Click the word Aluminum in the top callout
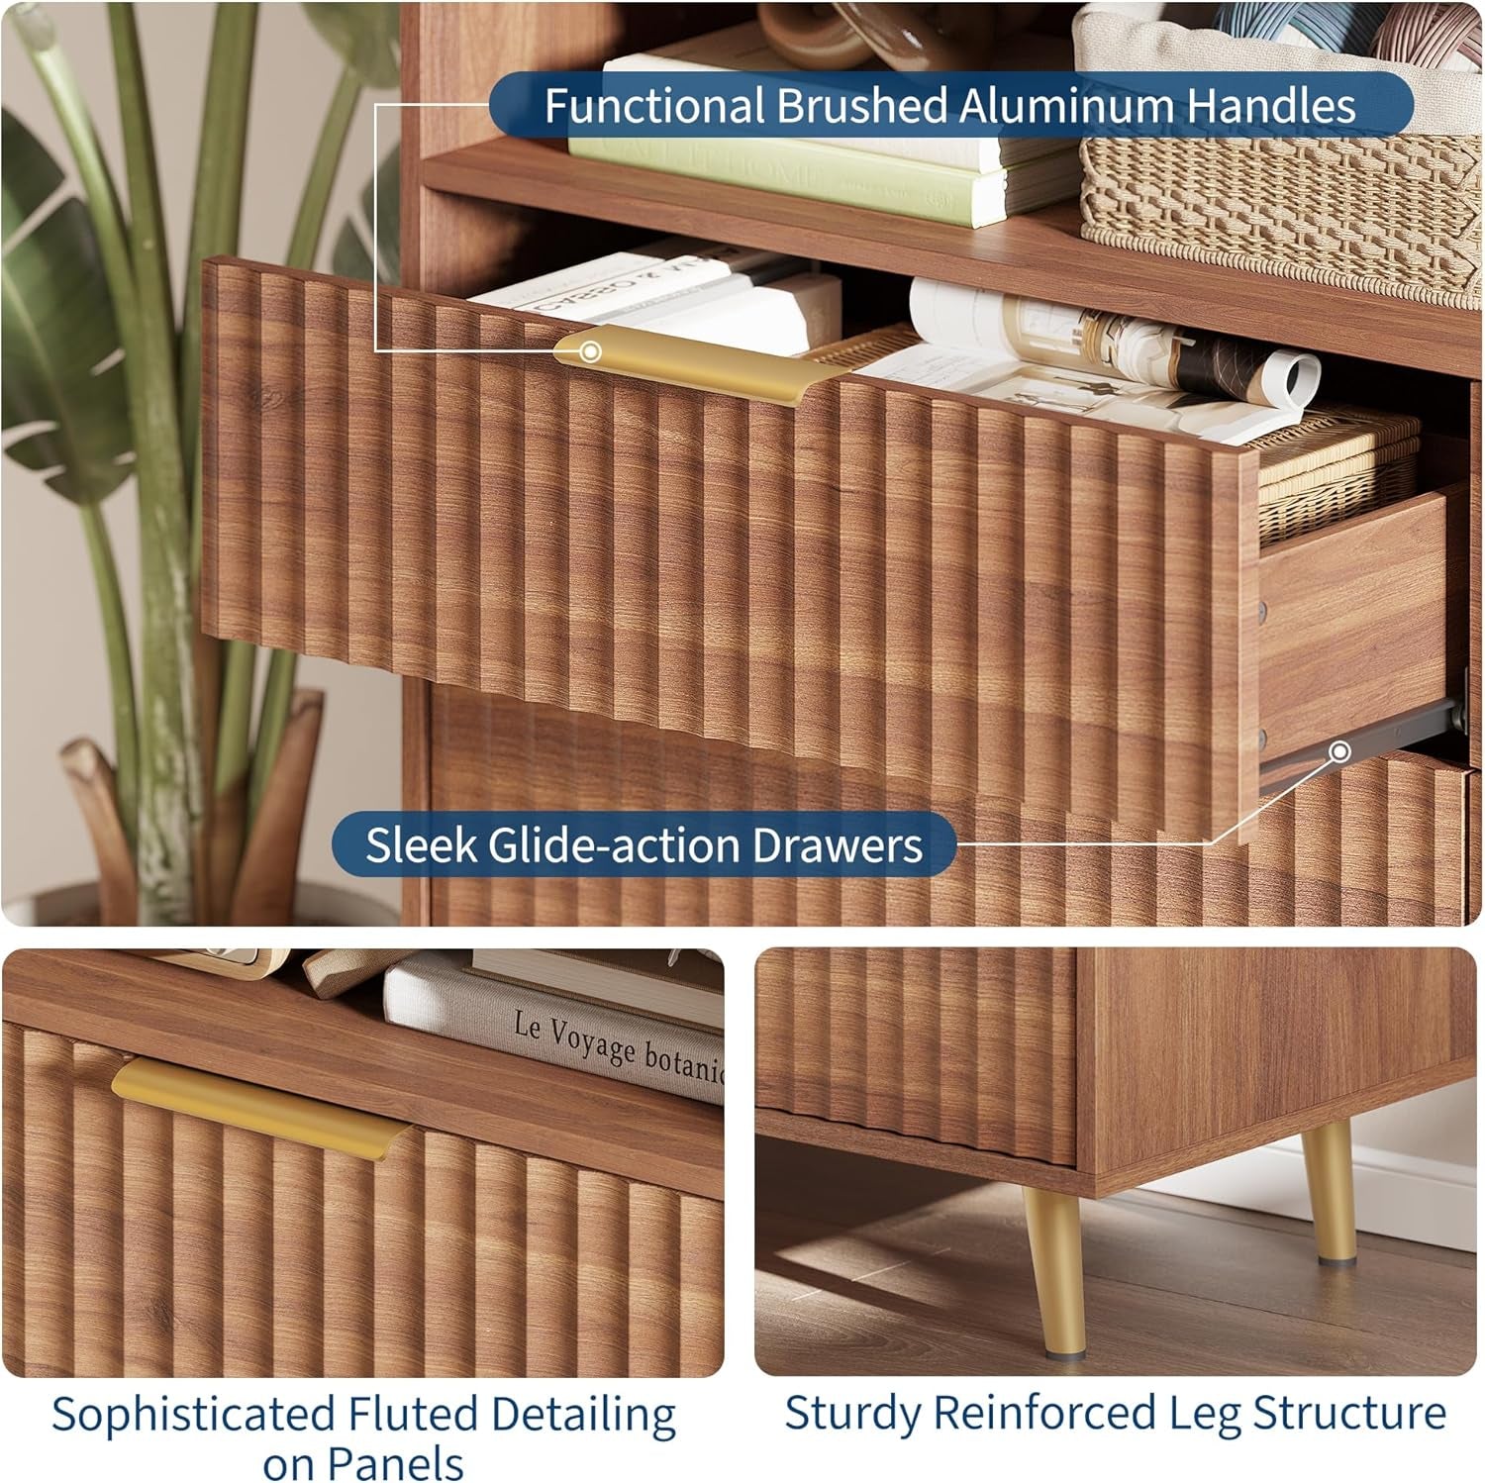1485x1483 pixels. coord(1066,106)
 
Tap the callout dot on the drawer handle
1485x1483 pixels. coord(590,351)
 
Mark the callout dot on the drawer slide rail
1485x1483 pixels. coord(1339,752)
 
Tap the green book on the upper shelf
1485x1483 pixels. coord(822,173)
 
